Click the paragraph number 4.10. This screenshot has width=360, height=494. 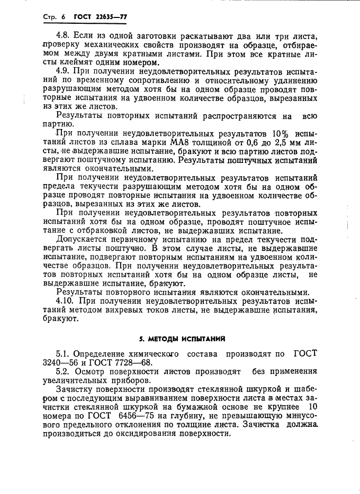coord(67,300)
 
